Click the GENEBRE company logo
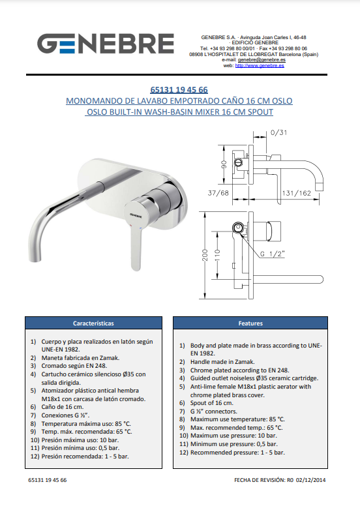106,44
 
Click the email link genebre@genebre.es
262,60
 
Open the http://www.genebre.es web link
260,65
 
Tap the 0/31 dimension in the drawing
278,132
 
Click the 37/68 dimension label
218,193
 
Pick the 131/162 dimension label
296,193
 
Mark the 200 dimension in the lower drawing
205,254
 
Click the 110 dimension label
218,255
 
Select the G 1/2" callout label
272,254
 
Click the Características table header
93,323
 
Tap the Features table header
250,323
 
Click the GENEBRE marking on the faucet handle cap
136,214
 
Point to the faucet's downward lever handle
136,249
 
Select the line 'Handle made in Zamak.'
222,362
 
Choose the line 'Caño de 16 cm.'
63,407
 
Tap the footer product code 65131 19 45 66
48,480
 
